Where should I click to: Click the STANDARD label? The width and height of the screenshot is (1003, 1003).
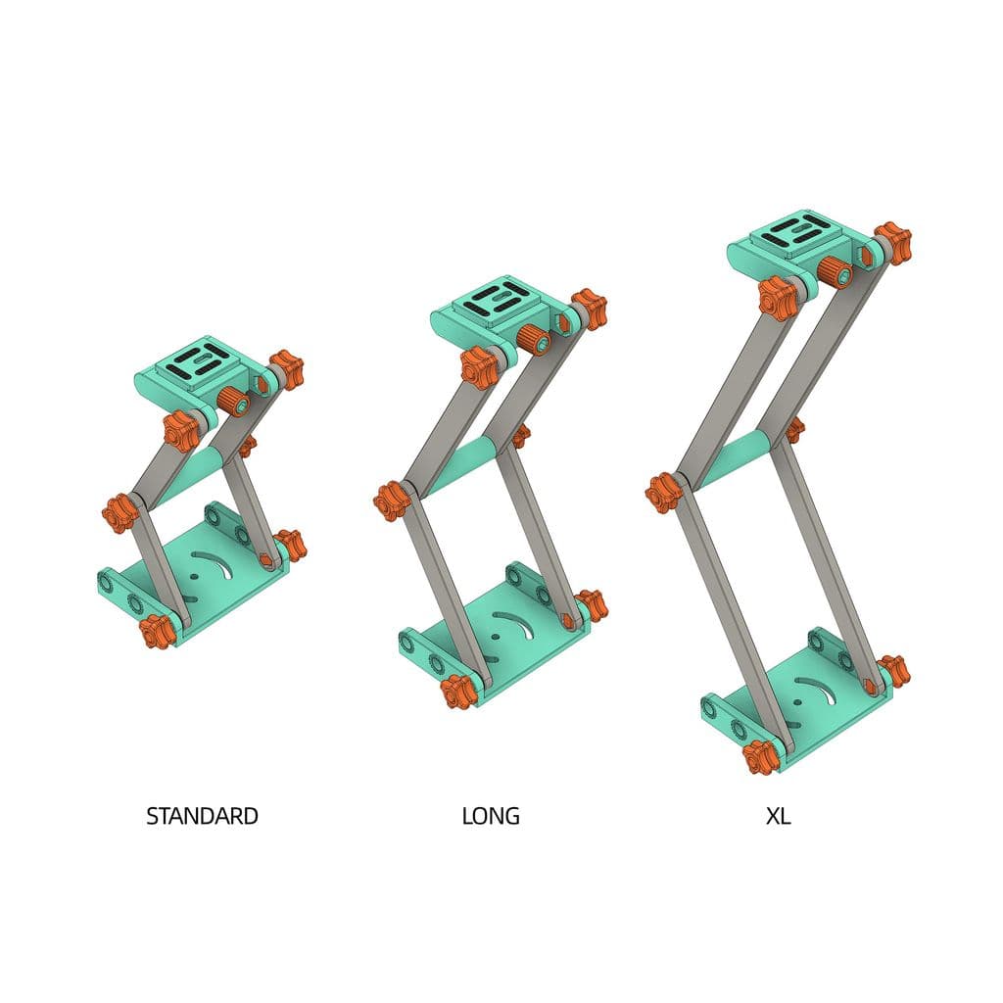coord(202,816)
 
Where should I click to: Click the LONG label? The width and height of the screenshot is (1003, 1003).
coord(491,816)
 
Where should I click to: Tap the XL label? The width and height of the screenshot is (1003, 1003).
coord(779,816)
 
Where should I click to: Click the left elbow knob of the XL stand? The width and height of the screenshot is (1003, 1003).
coord(663,493)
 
